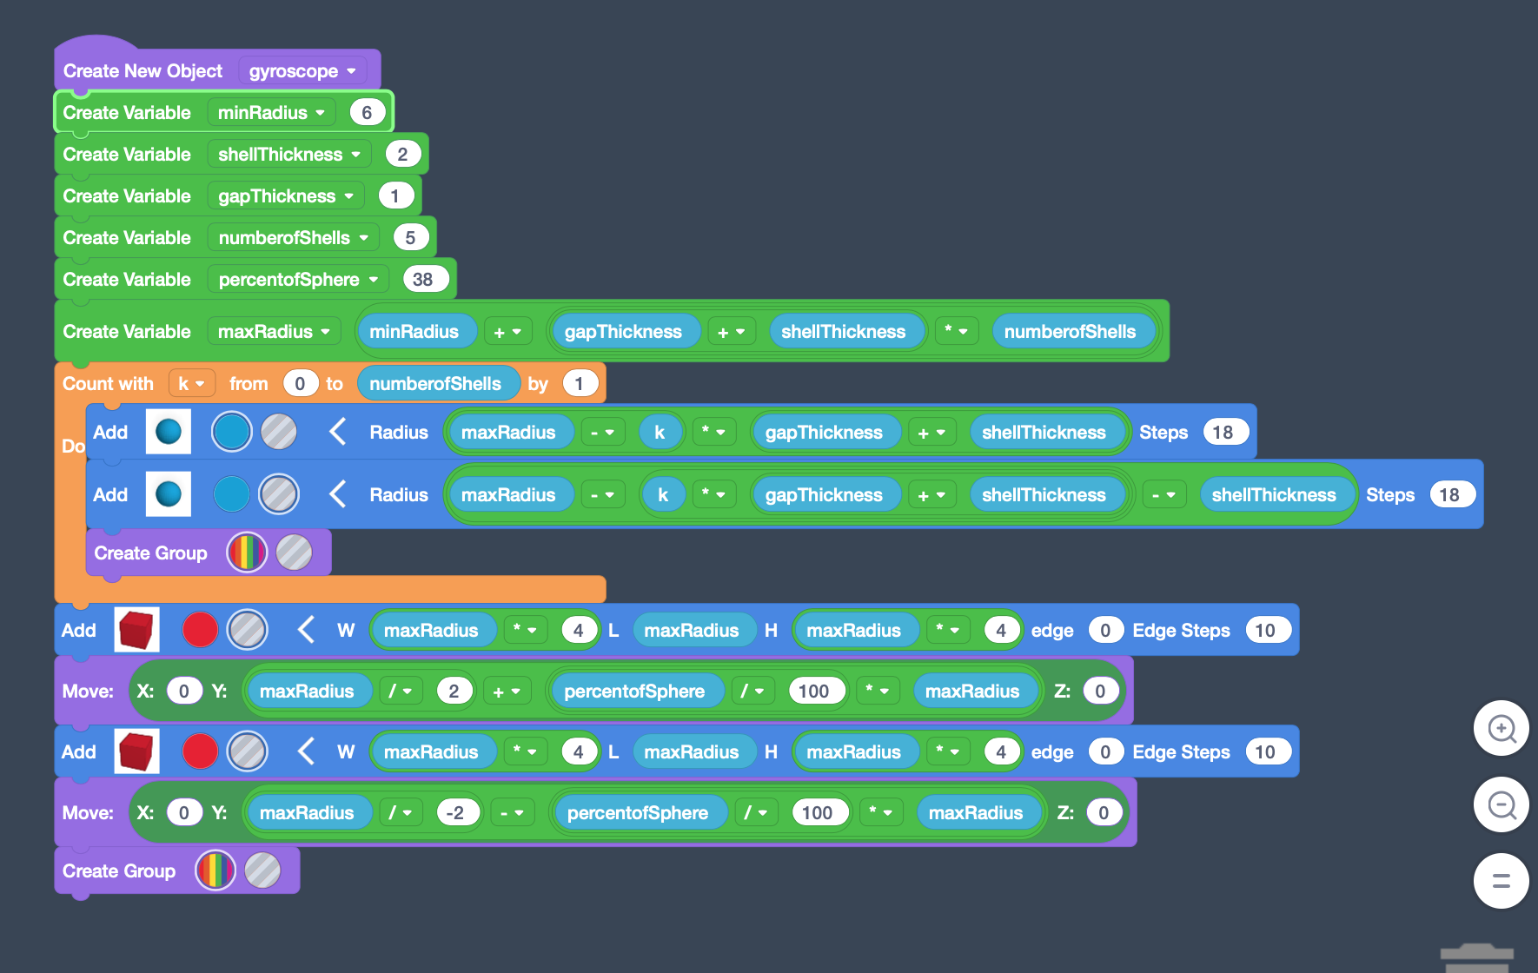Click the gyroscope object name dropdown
click(x=302, y=71)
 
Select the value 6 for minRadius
click(x=367, y=113)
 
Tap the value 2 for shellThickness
click(x=402, y=155)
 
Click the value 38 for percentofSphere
click(x=423, y=280)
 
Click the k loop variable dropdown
click(x=191, y=384)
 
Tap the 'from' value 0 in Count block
click(x=300, y=384)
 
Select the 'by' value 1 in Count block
click(x=579, y=384)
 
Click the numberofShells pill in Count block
click(x=435, y=384)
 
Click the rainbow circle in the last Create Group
click(x=215, y=870)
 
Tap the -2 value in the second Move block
click(x=454, y=813)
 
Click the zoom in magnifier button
click(x=1502, y=728)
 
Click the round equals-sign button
click(x=1502, y=881)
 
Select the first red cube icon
click(x=136, y=630)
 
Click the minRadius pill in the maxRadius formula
click(x=414, y=332)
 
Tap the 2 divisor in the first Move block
click(x=454, y=692)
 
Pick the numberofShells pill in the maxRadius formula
click(x=1071, y=332)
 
